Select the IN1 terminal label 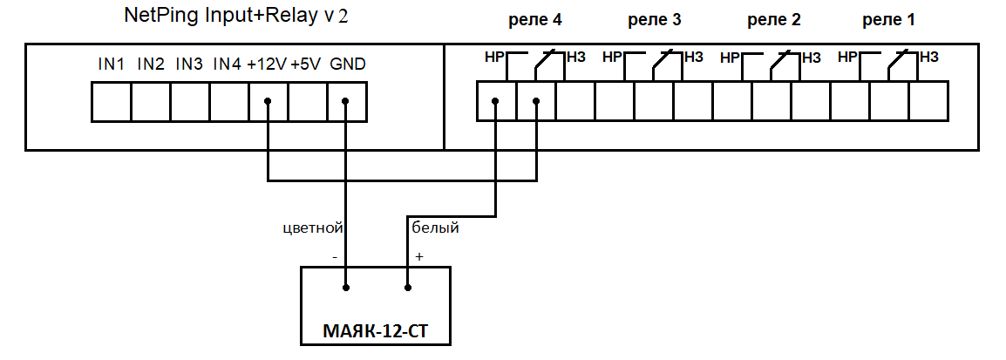112,65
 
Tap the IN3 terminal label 190,65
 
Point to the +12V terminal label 267,65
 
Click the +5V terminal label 307,65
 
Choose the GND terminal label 348,65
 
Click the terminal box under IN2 151,102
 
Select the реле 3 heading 653,20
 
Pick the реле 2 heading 773,20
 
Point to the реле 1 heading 888,20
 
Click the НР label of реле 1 847,58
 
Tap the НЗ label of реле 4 576,58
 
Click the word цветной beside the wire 312,228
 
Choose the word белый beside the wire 435,228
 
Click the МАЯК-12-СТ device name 376,331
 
